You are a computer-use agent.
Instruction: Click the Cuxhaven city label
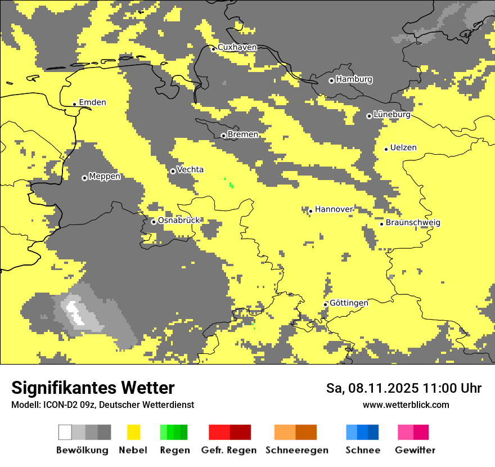[x=237, y=47]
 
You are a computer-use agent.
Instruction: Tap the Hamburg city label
[x=354, y=79]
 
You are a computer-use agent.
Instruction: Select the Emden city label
[x=92, y=102]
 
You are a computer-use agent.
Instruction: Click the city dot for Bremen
[x=223, y=136]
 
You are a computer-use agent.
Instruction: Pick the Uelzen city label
[x=403, y=147]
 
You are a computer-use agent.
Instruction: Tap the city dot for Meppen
[x=84, y=178]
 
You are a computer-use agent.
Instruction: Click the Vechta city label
[x=190, y=169]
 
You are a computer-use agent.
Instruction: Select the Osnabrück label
[x=179, y=221]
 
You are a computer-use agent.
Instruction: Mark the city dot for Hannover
[x=310, y=212]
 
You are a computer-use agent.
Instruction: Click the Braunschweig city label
[x=413, y=222]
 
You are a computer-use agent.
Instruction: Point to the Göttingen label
[x=349, y=303]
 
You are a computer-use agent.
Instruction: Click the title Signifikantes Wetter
[x=93, y=388]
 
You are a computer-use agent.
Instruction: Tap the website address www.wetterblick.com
[x=406, y=405]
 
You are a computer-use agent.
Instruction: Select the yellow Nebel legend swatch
[x=133, y=432]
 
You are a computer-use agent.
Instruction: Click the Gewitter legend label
[x=415, y=450]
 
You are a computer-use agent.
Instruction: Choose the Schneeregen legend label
[x=296, y=450]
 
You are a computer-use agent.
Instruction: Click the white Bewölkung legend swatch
[x=65, y=432]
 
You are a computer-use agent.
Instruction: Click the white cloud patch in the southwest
[x=74, y=312]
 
